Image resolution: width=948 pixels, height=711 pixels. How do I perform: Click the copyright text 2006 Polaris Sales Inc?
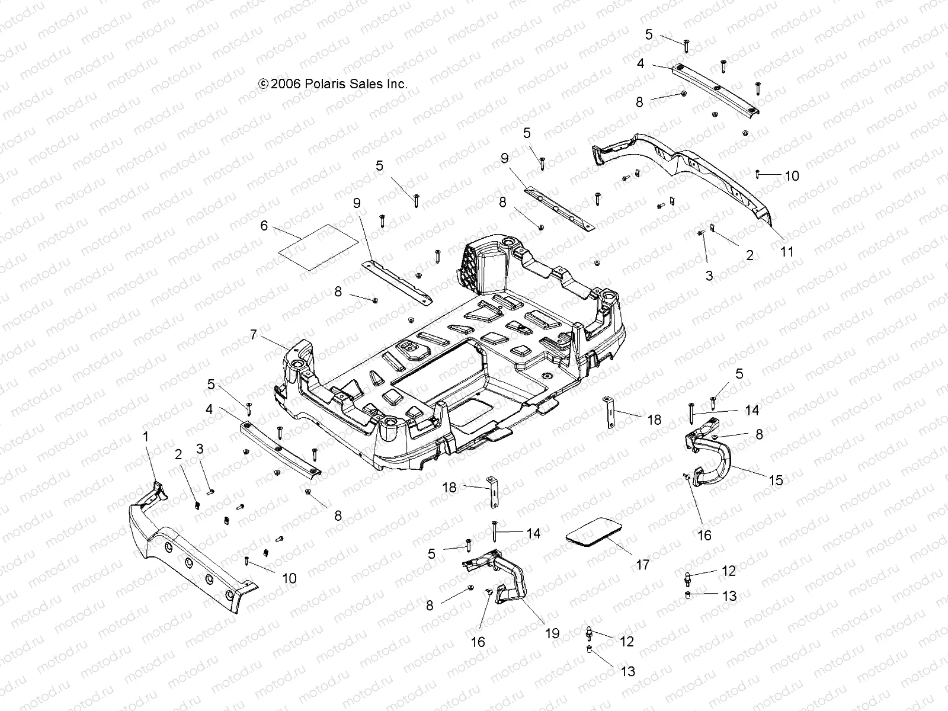[x=334, y=84]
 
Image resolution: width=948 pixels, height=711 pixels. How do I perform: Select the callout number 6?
[x=264, y=226]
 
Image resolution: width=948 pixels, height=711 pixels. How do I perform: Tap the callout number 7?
[x=254, y=335]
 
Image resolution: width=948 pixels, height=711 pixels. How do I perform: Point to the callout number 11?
[x=786, y=251]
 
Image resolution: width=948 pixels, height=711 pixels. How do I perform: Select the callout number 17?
[x=643, y=565]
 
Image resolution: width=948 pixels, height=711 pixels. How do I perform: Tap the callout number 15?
[x=776, y=481]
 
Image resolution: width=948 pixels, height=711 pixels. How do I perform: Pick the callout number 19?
[x=552, y=633]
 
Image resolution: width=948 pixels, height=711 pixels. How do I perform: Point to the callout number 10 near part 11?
[x=792, y=176]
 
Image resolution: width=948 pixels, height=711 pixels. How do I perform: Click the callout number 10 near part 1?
[x=289, y=578]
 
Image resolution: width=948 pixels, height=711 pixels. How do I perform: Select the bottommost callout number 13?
[x=627, y=671]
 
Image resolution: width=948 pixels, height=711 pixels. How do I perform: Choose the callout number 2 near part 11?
[x=750, y=255]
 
